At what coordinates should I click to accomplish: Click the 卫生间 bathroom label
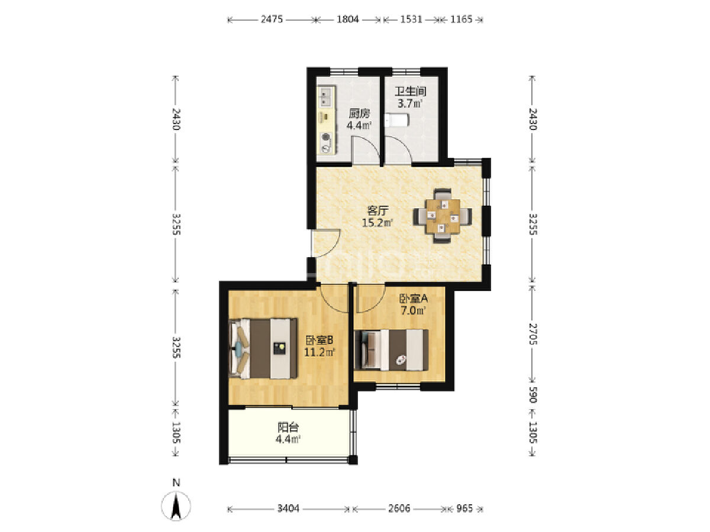point(410,92)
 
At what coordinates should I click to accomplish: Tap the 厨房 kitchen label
point(359,113)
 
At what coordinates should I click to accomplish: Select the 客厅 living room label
point(377,211)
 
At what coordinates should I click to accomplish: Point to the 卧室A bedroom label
point(414,299)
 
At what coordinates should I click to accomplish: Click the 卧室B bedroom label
point(319,340)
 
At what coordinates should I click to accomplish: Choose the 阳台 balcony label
point(288,427)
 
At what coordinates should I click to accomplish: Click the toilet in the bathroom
point(397,120)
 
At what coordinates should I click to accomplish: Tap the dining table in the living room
point(443,216)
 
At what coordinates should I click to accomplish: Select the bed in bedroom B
point(263,348)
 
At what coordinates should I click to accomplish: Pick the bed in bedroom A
point(391,350)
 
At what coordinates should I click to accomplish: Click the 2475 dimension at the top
point(272,20)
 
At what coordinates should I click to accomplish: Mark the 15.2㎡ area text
point(377,223)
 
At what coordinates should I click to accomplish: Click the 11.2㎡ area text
point(319,352)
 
